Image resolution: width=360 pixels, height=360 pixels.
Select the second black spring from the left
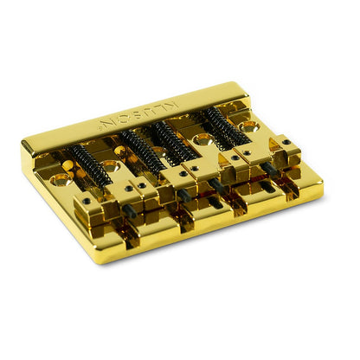140,148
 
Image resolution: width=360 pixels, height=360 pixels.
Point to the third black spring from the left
175,138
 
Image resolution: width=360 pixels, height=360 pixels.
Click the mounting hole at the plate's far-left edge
61,181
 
